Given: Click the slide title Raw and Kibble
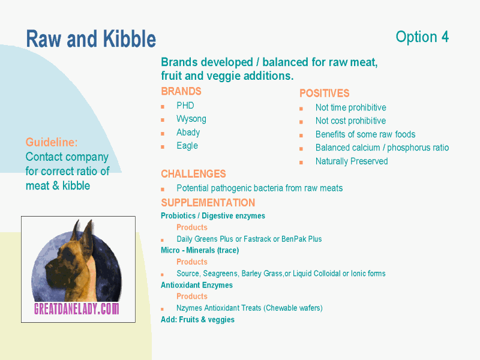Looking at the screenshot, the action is [x=91, y=39].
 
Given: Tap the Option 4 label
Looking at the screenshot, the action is [x=422, y=37].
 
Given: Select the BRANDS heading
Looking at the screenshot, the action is [x=181, y=91].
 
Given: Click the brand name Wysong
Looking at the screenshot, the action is [x=191, y=119].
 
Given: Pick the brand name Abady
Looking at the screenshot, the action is [x=188, y=132].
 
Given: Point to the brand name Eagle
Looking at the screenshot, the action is [x=187, y=146].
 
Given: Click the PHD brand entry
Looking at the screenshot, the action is [x=185, y=106].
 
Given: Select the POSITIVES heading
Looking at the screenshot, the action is [x=324, y=93].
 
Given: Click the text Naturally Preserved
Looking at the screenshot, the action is [x=352, y=161].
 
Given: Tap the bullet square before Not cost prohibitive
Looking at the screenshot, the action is [x=301, y=122].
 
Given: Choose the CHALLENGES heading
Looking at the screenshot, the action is [x=193, y=174].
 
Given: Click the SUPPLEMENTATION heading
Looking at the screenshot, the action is [x=208, y=203].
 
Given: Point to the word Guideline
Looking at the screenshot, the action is [x=52, y=142].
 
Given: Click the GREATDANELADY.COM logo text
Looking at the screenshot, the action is [x=77, y=308].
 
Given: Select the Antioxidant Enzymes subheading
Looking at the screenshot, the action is [x=197, y=285].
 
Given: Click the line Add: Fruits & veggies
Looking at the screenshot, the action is [x=198, y=320].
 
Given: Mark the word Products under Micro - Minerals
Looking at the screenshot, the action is [x=192, y=262].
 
